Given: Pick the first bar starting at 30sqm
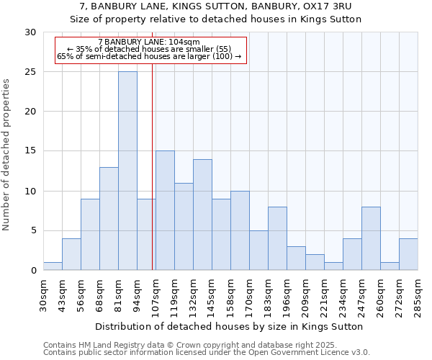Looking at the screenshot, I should [x=53, y=266].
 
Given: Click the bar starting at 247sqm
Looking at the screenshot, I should [x=371, y=238].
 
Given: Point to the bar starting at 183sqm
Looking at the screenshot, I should [x=277, y=238].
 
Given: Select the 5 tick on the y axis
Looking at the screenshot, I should [x=33, y=230].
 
